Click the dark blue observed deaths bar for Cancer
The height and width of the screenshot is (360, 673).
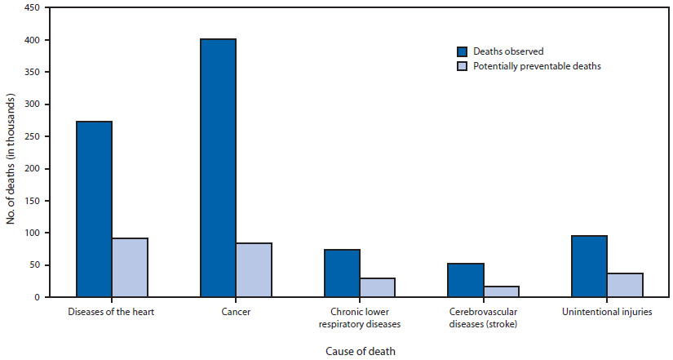pos(218,168)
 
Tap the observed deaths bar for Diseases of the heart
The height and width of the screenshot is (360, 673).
pos(94,209)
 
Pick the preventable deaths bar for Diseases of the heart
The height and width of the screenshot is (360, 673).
pos(130,268)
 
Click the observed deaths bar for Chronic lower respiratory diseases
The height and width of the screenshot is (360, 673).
pos(342,273)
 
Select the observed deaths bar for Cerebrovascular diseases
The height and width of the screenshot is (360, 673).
pos(465,280)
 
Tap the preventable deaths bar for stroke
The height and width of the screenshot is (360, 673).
pos(501,291)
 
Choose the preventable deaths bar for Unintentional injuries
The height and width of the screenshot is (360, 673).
pos(625,285)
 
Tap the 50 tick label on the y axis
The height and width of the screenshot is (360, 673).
pos(35,265)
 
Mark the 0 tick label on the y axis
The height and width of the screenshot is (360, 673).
pos(38,297)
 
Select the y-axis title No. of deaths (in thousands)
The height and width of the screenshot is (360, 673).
pos(10,152)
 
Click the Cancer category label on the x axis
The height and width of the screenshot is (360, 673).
pos(236,312)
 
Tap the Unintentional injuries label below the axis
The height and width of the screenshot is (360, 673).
pos(607,312)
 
